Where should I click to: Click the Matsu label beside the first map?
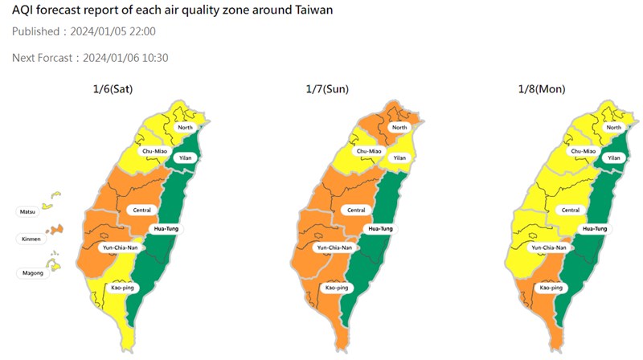pyautogui.click(x=27, y=211)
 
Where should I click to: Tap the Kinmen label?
pyautogui.click(x=29, y=239)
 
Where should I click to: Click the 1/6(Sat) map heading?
pyautogui.click(x=113, y=89)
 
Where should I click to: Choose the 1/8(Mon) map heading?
pyautogui.click(x=543, y=89)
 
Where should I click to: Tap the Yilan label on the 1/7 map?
pyautogui.click(x=399, y=157)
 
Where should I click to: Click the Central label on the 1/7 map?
pyautogui.click(x=353, y=211)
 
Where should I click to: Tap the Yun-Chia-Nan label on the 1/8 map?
pyautogui.click(x=547, y=247)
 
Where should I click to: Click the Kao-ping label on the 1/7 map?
pyautogui.click(x=337, y=287)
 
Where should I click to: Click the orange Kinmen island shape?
pyautogui.click(x=55, y=230)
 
